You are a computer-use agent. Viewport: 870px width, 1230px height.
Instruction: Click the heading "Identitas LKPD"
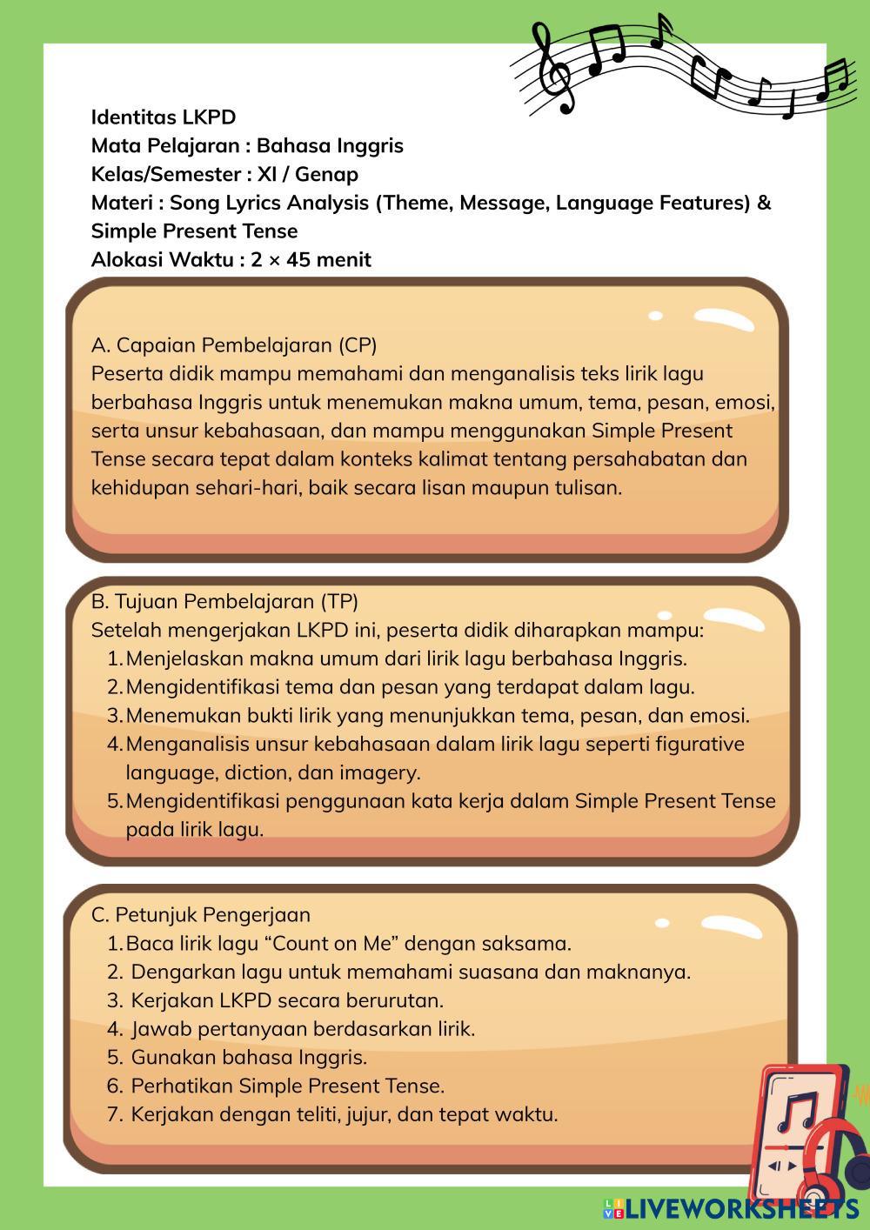pyautogui.click(x=164, y=117)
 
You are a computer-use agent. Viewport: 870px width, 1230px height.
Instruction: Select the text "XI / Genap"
pyautogui.click(x=308, y=174)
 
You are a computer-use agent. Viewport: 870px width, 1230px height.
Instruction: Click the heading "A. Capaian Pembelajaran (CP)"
pyautogui.click(x=234, y=344)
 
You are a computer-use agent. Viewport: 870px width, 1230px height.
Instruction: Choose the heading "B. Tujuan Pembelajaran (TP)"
pyautogui.click(x=224, y=601)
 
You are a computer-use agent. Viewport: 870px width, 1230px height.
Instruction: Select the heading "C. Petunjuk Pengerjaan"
pyautogui.click(x=201, y=914)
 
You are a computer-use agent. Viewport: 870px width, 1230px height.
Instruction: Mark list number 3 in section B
pyautogui.click(x=115, y=715)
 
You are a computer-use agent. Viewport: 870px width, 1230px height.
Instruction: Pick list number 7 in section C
pyautogui.click(x=115, y=1114)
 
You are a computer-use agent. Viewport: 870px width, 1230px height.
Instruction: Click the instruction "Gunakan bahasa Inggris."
pyautogui.click(x=249, y=1057)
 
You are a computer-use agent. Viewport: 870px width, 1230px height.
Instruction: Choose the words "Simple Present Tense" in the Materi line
pyautogui.click(x=194, y=231)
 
